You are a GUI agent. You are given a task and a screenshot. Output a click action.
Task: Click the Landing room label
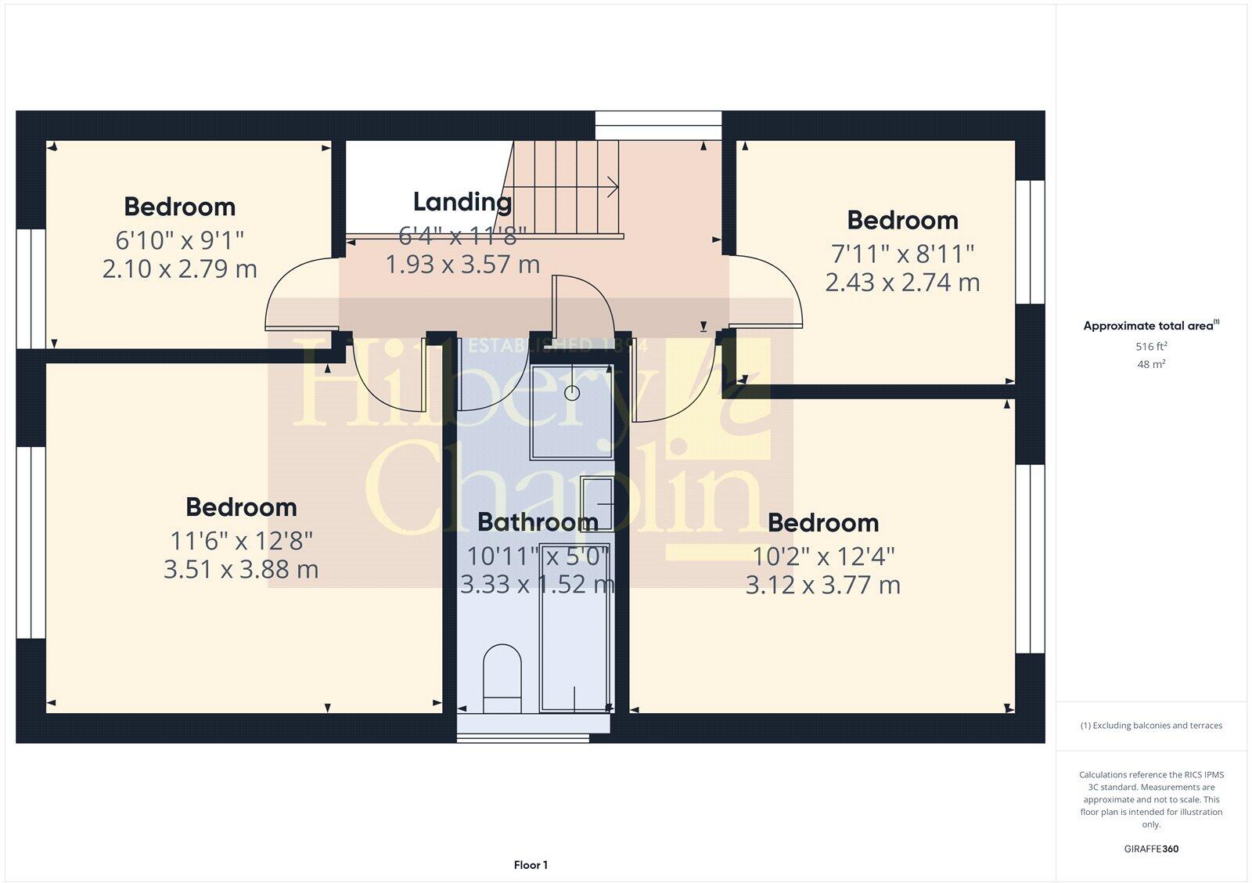point(462,202)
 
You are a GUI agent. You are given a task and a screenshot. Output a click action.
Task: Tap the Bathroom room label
point(538,521)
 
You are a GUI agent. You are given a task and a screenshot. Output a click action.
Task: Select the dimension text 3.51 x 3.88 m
point(241,569)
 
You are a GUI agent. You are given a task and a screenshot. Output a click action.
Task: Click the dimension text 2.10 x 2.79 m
point(179,269)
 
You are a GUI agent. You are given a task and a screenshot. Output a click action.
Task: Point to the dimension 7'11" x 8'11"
point(902,254)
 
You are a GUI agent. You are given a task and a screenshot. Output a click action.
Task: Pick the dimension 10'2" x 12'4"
point(823,557)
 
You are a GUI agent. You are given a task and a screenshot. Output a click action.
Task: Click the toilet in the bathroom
point(502,677)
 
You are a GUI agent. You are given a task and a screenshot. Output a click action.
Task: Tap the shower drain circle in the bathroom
point(572,393)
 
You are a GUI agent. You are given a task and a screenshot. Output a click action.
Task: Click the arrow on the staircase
point(610,187)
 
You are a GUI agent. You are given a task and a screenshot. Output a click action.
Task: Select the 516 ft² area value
point(1151,346)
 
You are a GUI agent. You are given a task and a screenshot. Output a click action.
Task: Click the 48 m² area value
point(1151,364)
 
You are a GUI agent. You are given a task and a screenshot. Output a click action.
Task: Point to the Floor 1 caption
point(531,865)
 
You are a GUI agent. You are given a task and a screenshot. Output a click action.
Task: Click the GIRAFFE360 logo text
point(1151,849)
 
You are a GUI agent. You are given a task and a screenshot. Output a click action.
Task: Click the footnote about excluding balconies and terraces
point(1151,726)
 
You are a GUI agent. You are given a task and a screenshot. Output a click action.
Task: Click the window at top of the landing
point(657,118)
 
